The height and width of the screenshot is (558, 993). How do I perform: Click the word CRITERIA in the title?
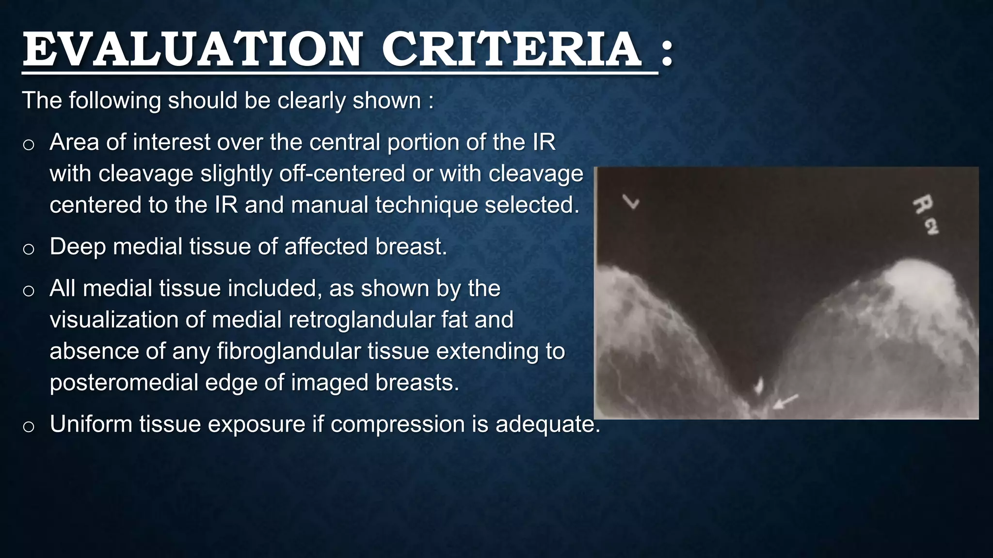tap(512, 49)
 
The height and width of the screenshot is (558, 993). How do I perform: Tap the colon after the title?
tap(667, 53)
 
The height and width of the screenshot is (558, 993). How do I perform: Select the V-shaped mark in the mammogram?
tap(631, 201)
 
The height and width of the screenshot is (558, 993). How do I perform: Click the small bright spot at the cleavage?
tap(759, 386)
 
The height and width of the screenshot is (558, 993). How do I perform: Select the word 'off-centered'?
tap(342, 173)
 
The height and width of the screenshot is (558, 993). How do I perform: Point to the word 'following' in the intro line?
tap(114, 101)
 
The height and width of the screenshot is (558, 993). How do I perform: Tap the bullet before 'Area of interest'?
tap(29, 144)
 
